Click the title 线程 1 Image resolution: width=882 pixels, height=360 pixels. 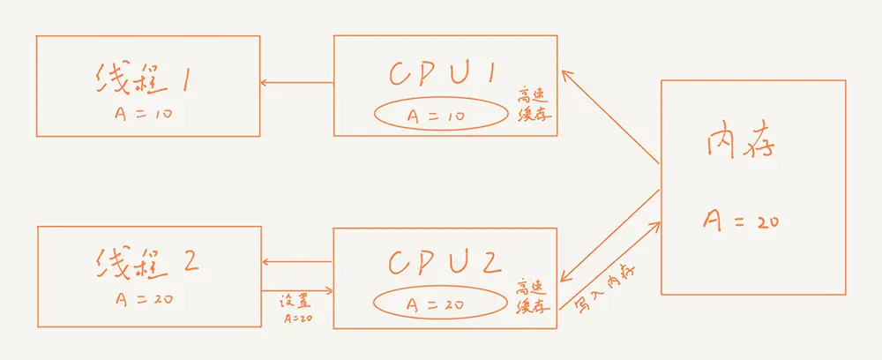(x=145, y=81)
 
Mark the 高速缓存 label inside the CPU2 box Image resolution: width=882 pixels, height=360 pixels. (x=534, y=295)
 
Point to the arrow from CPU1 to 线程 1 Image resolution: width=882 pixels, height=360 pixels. (x=296, y=84)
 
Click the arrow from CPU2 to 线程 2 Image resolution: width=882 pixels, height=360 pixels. (x=297, y=261)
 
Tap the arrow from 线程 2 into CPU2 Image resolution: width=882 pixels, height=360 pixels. (x=297, y=290)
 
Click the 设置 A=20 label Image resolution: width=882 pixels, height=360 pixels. (x=296, y=306)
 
